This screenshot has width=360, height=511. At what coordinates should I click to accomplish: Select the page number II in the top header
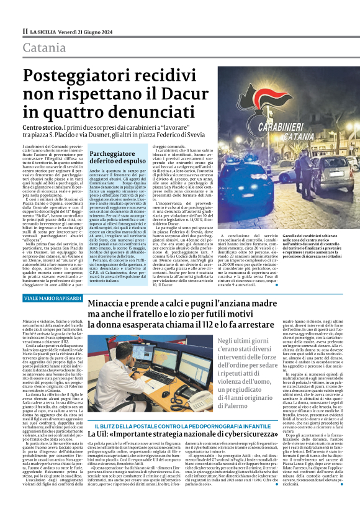[25, 30]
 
